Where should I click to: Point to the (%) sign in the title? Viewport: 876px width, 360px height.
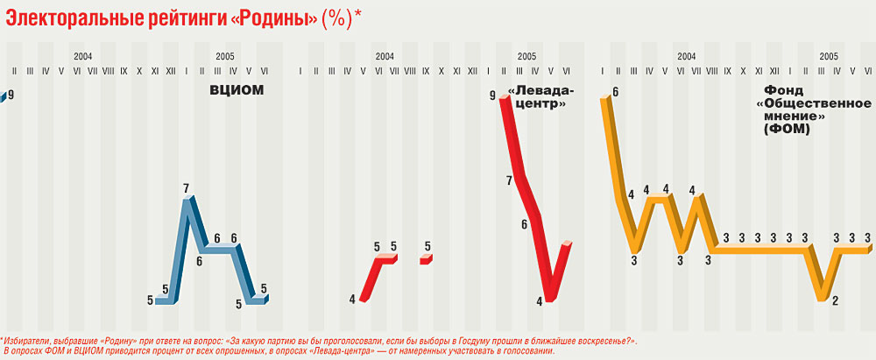pyautogui.click(x=336, y=18)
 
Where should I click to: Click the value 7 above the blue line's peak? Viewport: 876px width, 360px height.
pyautogui.click(x=187, y=188)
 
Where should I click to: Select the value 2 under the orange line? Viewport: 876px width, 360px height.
pyautogui.click(x=835, y=301)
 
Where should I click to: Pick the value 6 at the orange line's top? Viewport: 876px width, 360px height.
pyautogui.click(x=616, y=91)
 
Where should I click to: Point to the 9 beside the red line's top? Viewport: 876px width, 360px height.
pyautogui.click(x=493, y=94)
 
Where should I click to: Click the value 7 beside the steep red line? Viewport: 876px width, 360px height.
pyautogui.click(x=509, y=181)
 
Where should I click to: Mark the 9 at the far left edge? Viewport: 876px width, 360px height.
pyautogui.click(x=10, y=94)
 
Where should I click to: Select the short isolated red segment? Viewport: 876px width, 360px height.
pyautogui.click(x=427, y=259)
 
